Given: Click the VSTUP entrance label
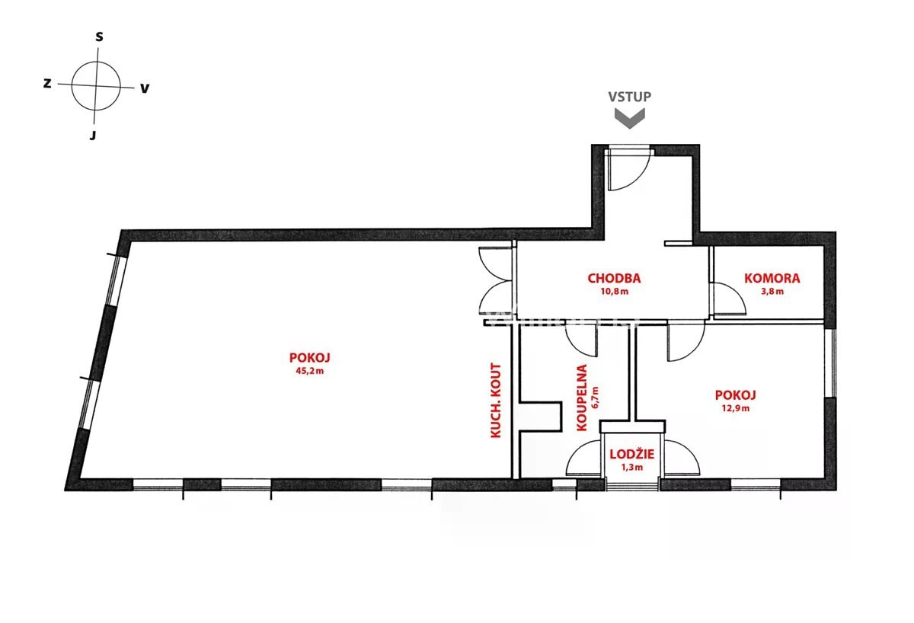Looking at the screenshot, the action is click(x=630, y=97).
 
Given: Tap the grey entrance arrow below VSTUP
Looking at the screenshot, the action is click(x=630, y=118).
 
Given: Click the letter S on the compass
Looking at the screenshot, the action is click(x=99, y=37).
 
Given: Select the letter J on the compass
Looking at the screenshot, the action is click(x=93, y=136).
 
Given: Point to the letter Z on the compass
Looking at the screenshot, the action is click(x=47, y=84).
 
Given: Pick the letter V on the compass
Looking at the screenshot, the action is click(x=145, y=88).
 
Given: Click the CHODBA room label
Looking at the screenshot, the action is click(x=614, y=278).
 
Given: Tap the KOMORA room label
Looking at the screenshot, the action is click(x=772, y=278).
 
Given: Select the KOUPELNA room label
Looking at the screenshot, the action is click(x=582, y=398).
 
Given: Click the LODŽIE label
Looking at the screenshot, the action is click(x=631, y=454).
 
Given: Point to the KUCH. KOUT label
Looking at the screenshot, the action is click(x=495, y=401).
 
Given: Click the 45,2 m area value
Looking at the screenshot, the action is click(x=309, y=371).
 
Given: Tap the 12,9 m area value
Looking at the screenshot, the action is click(x=735, y=408).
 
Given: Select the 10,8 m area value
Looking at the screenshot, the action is click(x=614, y=291).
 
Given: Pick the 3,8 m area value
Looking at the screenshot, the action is click(x=772, y=291).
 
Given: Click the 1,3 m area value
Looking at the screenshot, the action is click(x=631, y=467).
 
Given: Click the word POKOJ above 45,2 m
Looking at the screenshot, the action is click(x=309, y=358).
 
